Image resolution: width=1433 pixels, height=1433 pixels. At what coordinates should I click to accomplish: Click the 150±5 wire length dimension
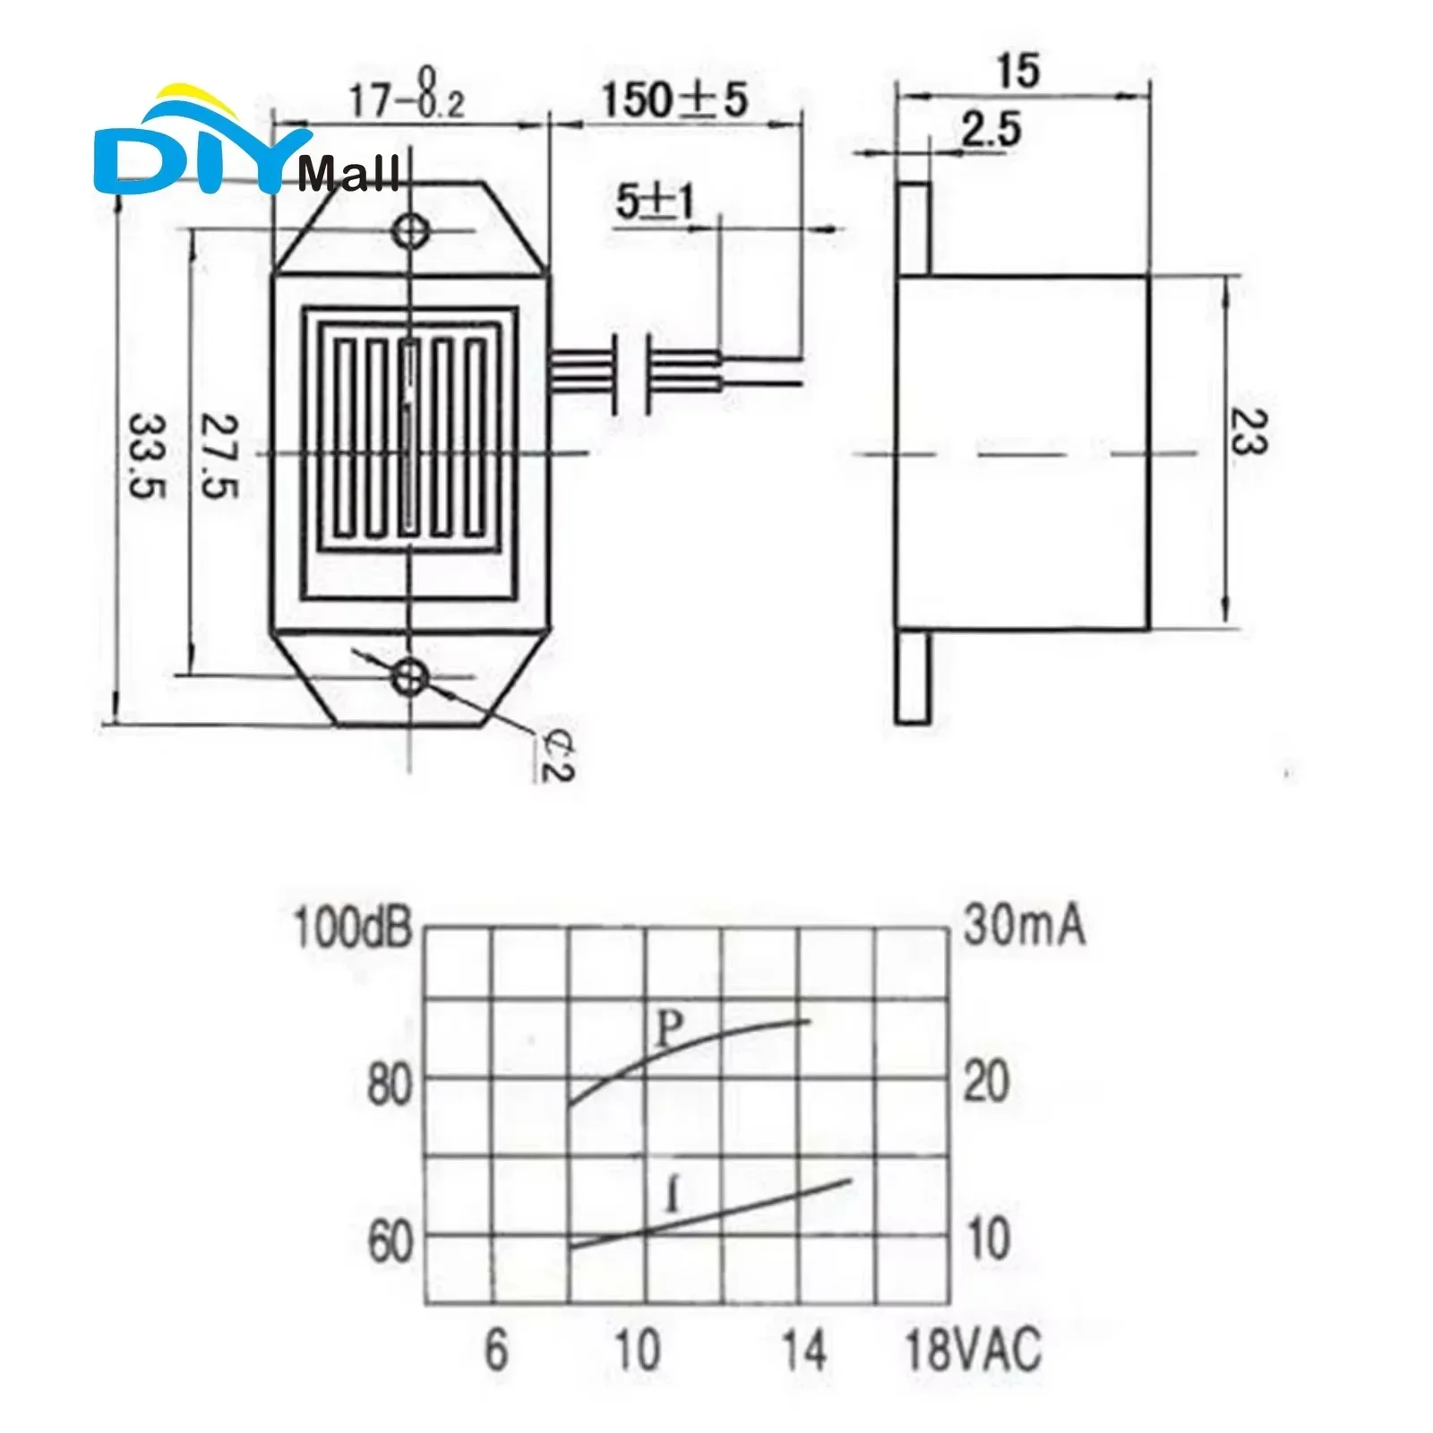673,99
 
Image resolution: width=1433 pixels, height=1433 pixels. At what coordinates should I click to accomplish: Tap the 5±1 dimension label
655,202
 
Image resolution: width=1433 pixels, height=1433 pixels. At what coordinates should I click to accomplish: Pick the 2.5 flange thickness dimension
991,131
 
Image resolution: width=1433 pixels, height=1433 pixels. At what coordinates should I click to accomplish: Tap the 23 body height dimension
1248,433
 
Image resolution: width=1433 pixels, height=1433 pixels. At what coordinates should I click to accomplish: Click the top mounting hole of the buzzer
412,231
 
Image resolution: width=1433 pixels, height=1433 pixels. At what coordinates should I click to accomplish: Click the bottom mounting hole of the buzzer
412,675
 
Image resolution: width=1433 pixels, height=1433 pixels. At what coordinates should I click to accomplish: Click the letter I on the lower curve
674,1197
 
